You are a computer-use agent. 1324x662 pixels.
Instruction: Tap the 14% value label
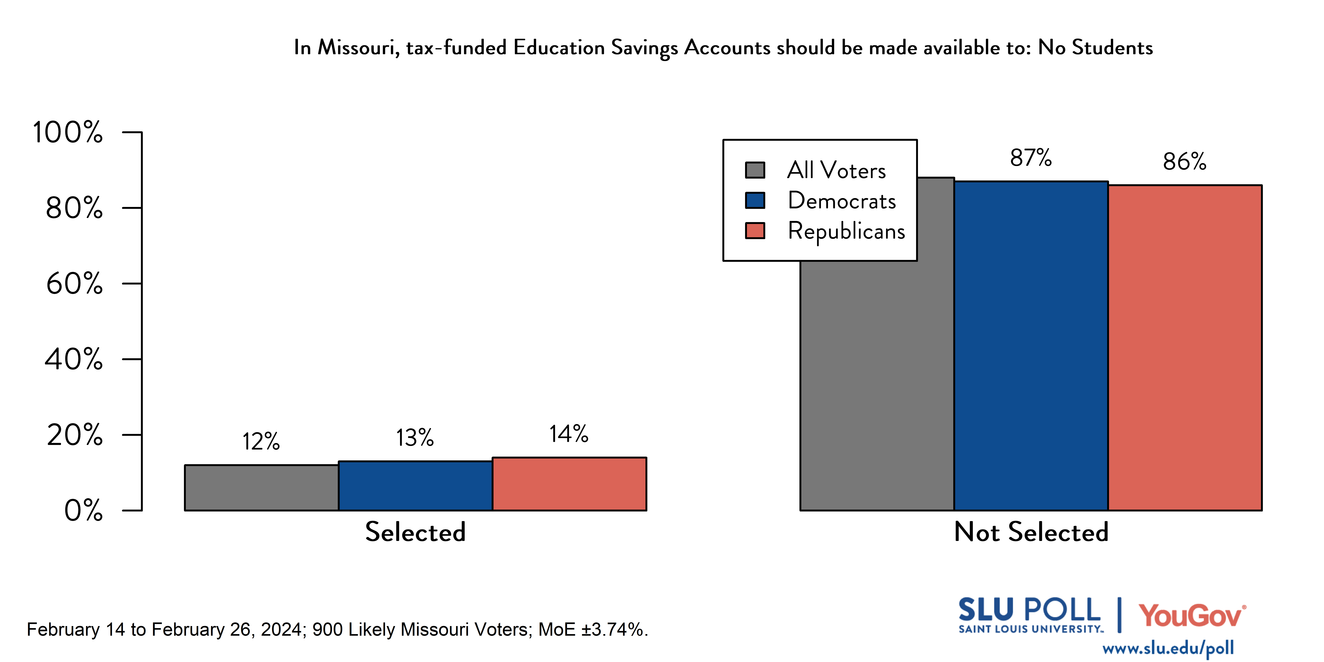pyautogui.click(x=569, y=434)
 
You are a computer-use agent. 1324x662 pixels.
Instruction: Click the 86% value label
pyautogui.click(x=1184, y=161)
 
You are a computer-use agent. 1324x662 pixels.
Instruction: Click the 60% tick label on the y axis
pyautogui.click(x=75, y=283)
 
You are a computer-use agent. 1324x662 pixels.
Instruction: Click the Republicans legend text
pyautogui.click(x=846, y=231)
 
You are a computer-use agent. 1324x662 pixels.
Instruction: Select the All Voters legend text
pyautogui.click(x=836, y=170)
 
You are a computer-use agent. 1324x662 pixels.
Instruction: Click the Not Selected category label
pyautogui.click(x=1031, y=532)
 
